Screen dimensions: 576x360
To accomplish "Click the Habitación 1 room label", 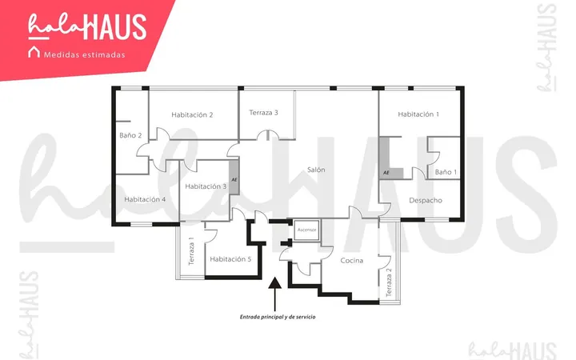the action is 418,114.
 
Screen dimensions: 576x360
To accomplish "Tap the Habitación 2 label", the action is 192,115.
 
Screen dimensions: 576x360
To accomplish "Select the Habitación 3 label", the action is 206,186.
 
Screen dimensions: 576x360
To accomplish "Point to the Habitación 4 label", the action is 145,199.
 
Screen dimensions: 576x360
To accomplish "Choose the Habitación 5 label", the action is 230,259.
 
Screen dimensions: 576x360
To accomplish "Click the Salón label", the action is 316,170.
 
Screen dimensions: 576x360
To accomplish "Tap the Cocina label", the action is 351,261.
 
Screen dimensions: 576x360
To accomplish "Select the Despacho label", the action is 426,201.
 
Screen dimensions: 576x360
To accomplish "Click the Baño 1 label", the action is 446,172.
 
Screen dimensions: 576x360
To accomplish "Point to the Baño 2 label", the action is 130,135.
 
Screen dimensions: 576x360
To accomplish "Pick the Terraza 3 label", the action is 263,113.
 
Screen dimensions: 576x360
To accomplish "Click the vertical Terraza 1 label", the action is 191,251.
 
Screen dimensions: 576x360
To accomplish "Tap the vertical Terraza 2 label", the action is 389,282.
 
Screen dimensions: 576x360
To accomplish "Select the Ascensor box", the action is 306,230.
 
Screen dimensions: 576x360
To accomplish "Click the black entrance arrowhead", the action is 274,282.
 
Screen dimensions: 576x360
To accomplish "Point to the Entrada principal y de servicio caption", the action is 278,317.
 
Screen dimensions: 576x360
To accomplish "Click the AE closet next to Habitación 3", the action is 234,178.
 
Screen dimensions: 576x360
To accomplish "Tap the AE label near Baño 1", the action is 386,173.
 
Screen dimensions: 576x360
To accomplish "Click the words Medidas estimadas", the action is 85,55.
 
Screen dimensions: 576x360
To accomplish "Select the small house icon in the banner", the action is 34,52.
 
